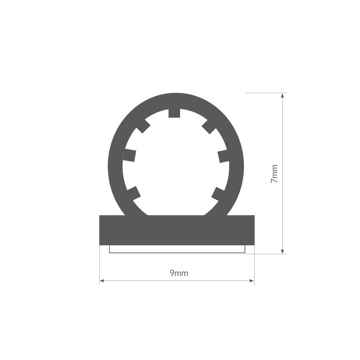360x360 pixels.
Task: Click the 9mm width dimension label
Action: tap(179, 273)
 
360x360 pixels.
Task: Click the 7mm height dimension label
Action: tap(274, 174)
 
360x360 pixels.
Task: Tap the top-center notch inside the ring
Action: tap(174, 113)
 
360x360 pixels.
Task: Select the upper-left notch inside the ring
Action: tap(143, 126)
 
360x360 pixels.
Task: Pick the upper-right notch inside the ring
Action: tap(209, 127)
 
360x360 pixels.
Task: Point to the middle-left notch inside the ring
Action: tap(130, 155)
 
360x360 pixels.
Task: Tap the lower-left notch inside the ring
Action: tap(134, 193)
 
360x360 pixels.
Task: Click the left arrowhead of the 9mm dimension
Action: tap(102, 281)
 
